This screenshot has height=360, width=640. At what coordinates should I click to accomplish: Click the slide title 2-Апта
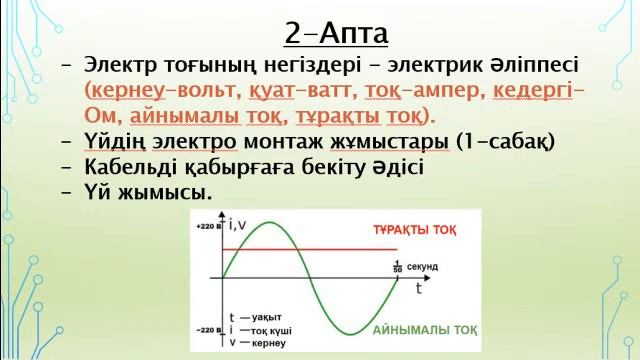pyautogui.click(x=335, y=33)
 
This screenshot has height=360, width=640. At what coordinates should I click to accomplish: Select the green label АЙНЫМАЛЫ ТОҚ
pyautogui.click(x=425, y=330)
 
